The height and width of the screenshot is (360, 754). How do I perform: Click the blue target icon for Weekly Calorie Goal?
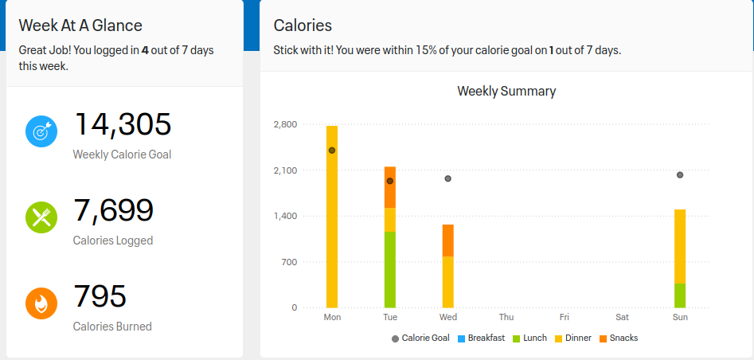pos(41,131)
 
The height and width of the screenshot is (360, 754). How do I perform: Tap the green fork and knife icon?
pos(41,217)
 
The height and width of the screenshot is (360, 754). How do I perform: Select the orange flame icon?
pos(41,303)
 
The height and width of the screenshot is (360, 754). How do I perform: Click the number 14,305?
pos(123,125)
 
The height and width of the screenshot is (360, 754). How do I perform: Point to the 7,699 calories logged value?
pos(113,211)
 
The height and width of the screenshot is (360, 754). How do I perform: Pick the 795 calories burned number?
pos(100,296)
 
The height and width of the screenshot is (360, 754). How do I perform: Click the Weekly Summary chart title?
pos(506,91)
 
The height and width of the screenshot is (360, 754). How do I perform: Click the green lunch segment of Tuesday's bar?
pos(390,269)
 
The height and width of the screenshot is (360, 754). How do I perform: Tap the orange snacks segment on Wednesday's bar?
pos(448,240)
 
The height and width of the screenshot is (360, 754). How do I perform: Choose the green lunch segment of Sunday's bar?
pos(680,295)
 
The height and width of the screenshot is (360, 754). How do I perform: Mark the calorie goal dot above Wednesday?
pos(448,178)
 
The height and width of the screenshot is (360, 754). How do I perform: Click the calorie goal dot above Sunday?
pos(680,174)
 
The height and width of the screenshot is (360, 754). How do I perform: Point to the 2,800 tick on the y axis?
pos(284,124)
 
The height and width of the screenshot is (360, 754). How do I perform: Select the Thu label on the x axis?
pos(506,317)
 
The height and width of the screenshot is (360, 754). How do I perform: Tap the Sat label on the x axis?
pos(622,317)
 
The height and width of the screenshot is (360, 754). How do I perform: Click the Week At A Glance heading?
pos(80,25)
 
